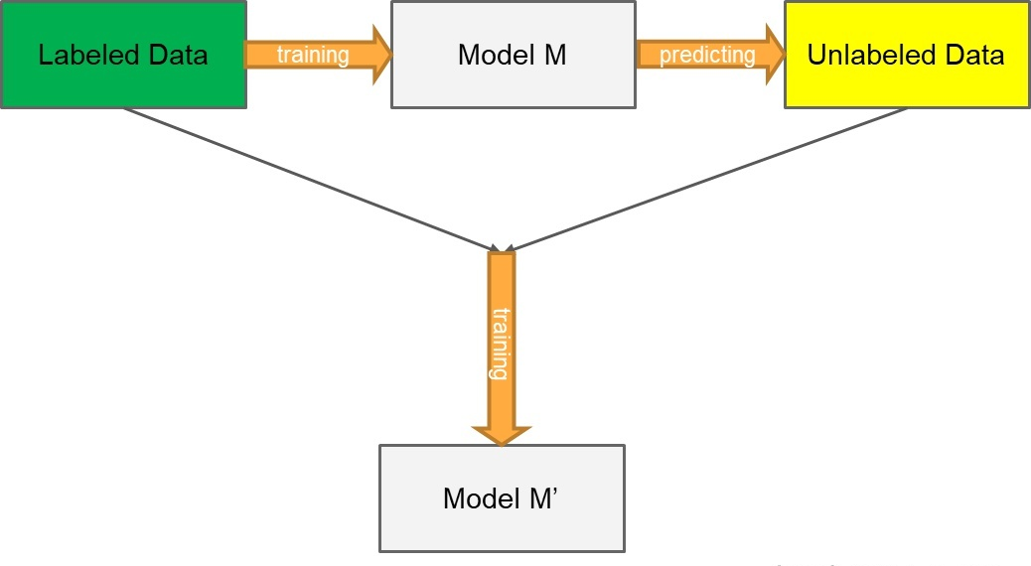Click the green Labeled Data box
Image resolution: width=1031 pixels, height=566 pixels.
123,55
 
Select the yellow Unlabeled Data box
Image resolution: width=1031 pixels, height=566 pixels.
908,55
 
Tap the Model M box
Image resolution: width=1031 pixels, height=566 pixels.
514,55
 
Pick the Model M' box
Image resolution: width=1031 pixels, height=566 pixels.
502,498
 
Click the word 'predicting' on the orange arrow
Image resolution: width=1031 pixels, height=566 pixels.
707,56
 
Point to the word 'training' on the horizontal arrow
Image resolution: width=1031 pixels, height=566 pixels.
313,55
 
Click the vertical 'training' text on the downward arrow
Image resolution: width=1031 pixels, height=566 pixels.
501,344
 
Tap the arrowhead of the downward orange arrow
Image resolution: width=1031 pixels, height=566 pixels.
501,435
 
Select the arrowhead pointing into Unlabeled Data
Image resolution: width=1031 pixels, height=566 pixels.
775,55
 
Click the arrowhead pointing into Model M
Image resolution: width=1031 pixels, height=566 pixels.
382,55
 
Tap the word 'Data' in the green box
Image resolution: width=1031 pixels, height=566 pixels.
178,55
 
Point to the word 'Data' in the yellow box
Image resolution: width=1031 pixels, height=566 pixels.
974,55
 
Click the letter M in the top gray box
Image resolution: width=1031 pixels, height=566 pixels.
555,55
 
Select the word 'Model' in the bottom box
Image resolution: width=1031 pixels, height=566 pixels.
483,498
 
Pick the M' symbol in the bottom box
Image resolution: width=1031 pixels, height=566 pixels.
543,498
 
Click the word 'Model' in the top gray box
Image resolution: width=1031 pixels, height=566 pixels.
498,55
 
